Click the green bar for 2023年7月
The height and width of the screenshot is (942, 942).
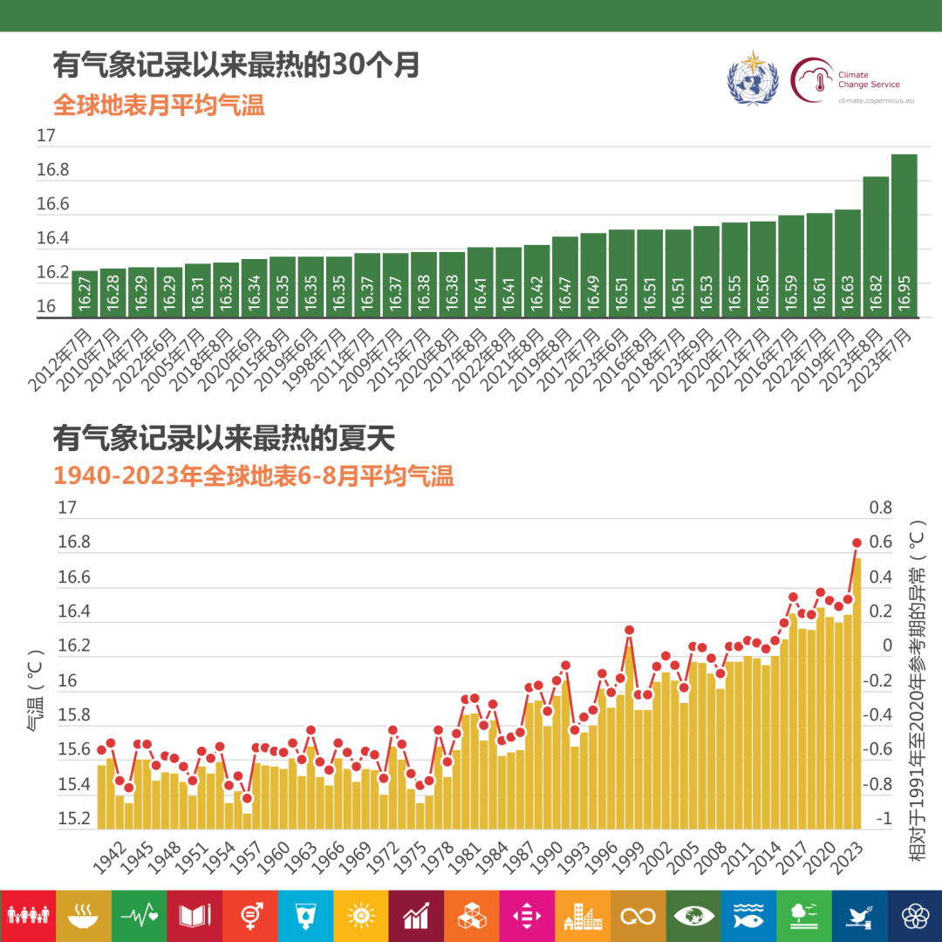click(904, 235)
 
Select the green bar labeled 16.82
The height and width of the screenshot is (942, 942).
click(876, 247)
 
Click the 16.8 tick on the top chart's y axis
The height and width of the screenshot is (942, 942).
click(52, 170)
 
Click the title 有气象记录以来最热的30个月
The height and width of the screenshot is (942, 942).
click(236, 66)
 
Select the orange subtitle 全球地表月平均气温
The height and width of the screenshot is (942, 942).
click(159, 106)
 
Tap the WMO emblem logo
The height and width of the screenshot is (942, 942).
click(751, 79)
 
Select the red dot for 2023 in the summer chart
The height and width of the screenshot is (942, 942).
click(857, 543)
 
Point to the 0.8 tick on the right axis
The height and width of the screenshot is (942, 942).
click(881, 508)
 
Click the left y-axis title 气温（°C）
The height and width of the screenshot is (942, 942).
click(36, 689)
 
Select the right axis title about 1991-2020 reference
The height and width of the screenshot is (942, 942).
click(917, 689)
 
